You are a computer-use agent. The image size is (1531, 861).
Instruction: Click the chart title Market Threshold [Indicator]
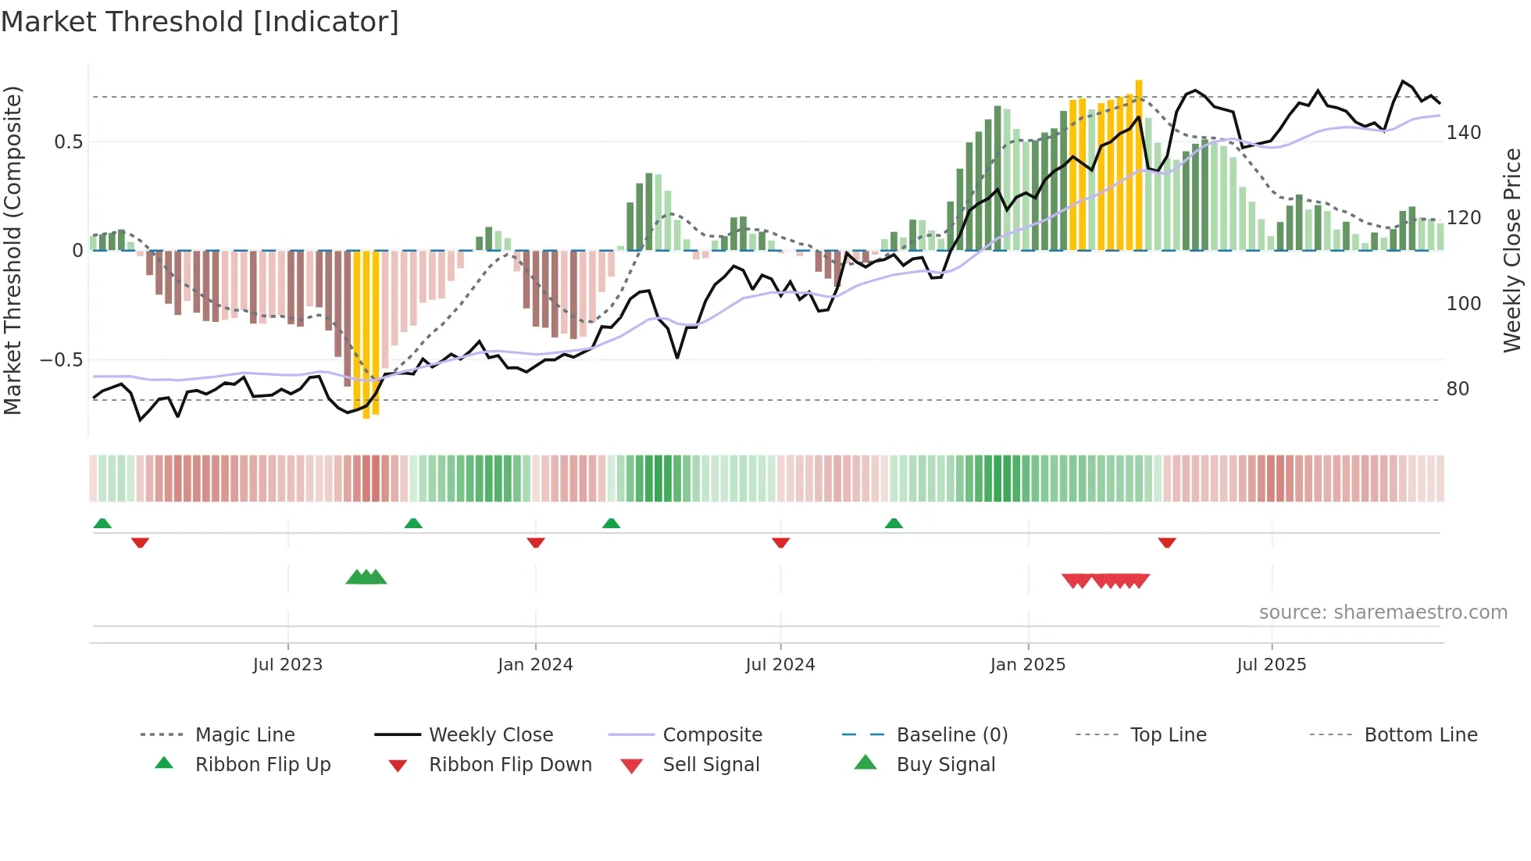coord(200,22)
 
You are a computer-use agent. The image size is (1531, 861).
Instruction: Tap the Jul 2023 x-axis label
coord(287,665)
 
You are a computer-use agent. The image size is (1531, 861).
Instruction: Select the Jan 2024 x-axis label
coord(535,665)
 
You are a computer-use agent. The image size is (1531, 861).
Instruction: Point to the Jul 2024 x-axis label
coord(780,665)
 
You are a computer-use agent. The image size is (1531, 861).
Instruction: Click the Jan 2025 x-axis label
coord(1027,665)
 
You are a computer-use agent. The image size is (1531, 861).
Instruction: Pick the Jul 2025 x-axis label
coord(1271,665)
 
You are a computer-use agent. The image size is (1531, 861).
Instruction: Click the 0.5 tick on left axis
coord(69,141)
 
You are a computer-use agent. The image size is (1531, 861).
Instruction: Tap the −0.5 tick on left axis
coord(62,360)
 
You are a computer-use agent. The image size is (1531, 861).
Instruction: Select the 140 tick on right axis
coord(1463,133)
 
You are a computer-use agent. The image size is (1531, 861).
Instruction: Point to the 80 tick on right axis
coord(1458,389)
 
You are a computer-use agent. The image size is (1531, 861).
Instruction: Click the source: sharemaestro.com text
coord(1383,613)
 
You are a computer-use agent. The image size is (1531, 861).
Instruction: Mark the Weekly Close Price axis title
coord(1512,250)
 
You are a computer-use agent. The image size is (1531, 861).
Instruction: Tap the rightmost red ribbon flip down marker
coord(1167,543)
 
